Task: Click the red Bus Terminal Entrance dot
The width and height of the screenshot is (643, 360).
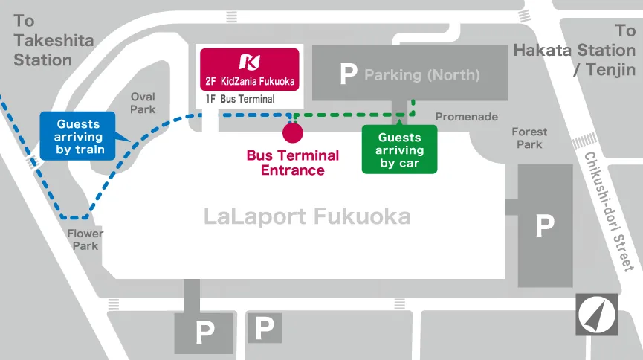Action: (293, 132)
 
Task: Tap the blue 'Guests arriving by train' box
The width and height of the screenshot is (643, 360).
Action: (78, 136)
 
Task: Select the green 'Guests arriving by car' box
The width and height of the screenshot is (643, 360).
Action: (399, 149)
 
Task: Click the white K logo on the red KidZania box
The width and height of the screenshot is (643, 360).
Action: (250, 62)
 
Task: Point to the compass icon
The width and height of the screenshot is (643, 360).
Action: (597, 315)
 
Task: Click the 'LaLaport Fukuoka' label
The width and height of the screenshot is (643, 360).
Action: (307, 216)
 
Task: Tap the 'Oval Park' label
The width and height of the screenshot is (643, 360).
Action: (143, 103)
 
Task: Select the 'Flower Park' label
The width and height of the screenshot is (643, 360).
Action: (85, 240)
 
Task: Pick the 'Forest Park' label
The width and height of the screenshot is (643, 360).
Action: (529, 138)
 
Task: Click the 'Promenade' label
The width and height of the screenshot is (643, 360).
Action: (467, 117)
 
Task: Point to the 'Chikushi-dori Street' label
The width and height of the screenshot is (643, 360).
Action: (609, 212)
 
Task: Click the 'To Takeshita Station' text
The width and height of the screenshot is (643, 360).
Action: (54, 40)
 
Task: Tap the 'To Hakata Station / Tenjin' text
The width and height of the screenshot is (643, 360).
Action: (575, 50)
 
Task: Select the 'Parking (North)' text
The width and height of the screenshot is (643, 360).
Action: (422, 75)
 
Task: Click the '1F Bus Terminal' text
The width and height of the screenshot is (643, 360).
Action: (240, 99)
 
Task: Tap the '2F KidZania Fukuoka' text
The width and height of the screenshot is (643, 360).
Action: (250, 81)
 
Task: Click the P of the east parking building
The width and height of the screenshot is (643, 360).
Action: (545, 225)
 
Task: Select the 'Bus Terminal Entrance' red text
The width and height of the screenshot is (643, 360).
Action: (293, 163)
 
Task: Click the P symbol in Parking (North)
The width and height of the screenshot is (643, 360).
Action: (349, 74)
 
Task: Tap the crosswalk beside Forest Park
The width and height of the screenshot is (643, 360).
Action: (585, 141)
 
